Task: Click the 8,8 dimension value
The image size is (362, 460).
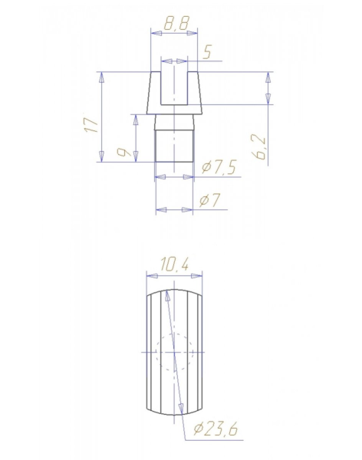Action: [x=176, y=23]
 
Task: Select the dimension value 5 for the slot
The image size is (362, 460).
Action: [x=207, y=53]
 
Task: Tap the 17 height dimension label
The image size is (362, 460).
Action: [x=91, y=125]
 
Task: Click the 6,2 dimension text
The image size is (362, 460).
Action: [x=260, y=147]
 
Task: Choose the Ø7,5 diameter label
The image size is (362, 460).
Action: [x=219, y=167]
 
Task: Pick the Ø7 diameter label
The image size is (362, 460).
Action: [x=209, y=200]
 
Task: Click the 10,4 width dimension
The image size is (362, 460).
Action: [x=174, y=264]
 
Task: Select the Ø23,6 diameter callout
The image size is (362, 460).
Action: [x=216, y=429]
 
